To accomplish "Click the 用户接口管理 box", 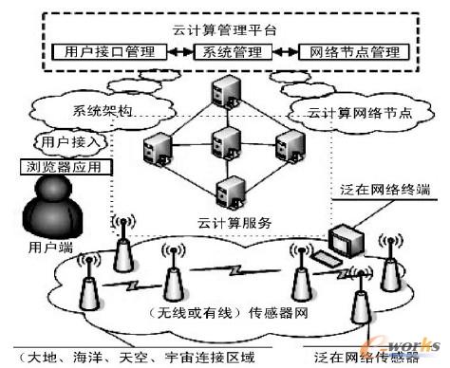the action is pyautogui.click(x=105, y=53).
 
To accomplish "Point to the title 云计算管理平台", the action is pyautogui.click(x=224, y=29).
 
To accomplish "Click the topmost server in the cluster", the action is pyautogui.click(x=225, y=93).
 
